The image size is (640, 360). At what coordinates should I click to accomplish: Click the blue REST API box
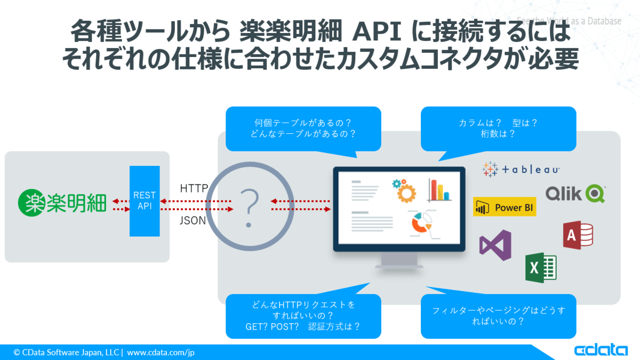[x=145, y=201]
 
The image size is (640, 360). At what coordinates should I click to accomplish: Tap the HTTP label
[x=194, y=188]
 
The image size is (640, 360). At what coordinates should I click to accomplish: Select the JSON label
[x=193, y=220]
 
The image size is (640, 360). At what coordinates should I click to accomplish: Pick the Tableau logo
[x=521, y=169]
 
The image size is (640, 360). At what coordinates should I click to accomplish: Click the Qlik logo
[x=575, y=194]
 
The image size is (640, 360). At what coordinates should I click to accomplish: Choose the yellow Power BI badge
[x=505, y=206]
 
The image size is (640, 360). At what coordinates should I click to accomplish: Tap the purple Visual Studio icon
[x=495, y=245]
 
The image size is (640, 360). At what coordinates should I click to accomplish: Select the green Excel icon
[x=541, y=268]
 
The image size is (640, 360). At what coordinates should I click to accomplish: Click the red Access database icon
[x=578, y=235]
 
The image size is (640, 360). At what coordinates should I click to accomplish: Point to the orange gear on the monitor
[x=406, y=194]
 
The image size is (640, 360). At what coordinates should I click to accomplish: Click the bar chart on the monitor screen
[x=439, y=190]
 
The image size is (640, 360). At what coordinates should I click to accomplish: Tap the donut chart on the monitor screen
[x=421, y=223]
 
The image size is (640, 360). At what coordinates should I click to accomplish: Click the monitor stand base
[x=399, y=267]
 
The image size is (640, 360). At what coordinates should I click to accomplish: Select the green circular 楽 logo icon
[x=31, y=203]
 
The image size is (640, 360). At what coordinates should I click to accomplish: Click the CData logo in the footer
[x=601, y=350]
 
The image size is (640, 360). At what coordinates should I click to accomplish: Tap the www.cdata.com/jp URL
[x=161, y=353]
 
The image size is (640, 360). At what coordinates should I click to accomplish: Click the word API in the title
[x=377, y=31]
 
